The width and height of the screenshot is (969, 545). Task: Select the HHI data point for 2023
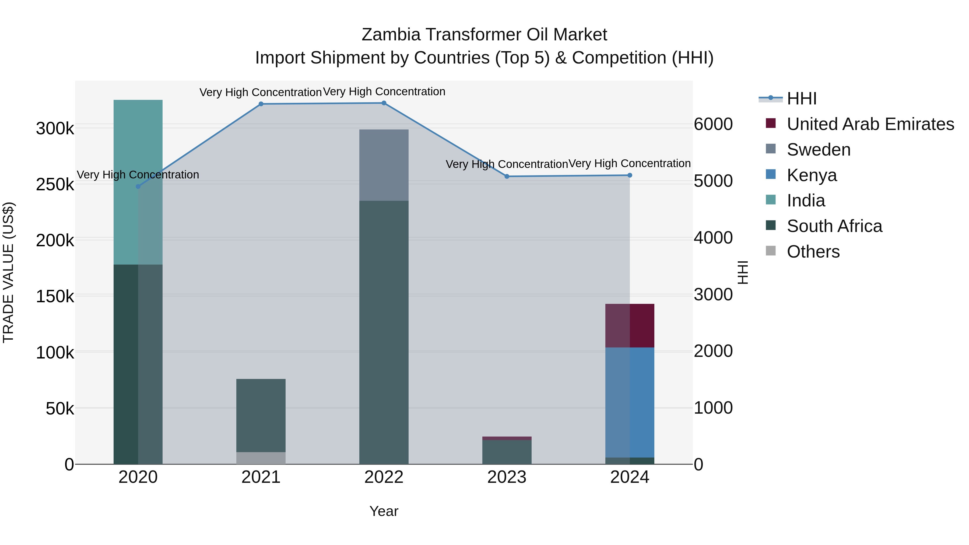click(x=507, y=176)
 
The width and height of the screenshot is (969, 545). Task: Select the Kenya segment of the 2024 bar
click(x=630, y=402)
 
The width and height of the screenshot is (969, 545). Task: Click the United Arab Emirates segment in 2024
click(x=630, y=325)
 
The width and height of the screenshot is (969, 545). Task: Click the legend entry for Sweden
click(x=818, y=150)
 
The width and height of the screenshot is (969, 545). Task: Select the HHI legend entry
click(x=801, y=99)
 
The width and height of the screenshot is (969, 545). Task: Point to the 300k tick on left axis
click(x=55, y=129)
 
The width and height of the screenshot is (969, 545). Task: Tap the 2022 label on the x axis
click(x=384, y=477)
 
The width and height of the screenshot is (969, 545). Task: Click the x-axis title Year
click(x=384, y=511)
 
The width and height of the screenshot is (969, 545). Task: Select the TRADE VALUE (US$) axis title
click(x=8, y=272)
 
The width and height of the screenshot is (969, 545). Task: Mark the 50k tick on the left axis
click(x=60, y=409)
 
